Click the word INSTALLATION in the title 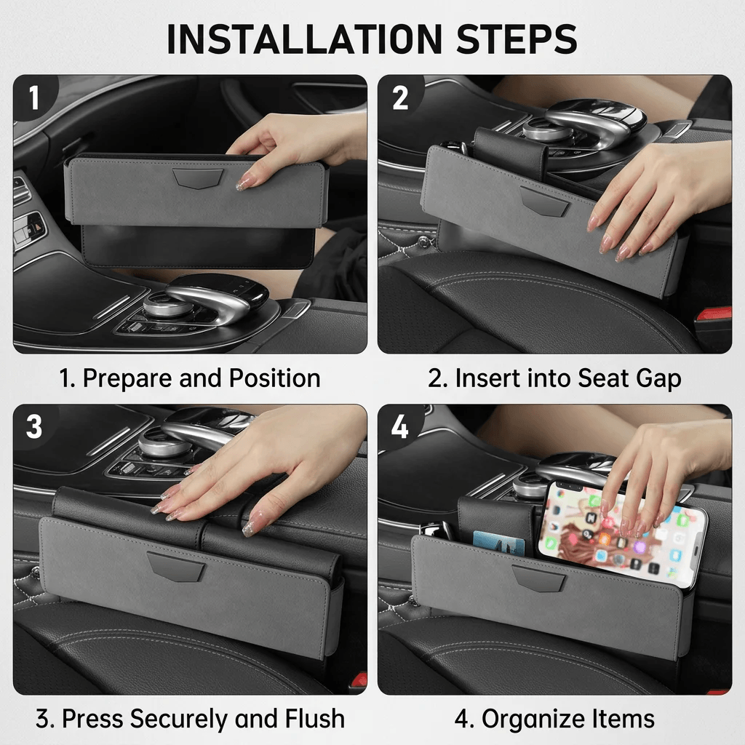tap(305, 39)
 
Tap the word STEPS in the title tap(517, 39)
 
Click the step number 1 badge tap(33, 97)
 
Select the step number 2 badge tap(400, 98)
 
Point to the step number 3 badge tap(34, 426)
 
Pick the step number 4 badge tap(399, 426)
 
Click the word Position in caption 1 tap(274, 378)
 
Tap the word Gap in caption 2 tap(658, 379)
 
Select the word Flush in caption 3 tap(314, 718)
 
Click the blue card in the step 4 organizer tap(499, 543)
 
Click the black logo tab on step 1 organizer tap(198, 178)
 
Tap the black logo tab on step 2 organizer tap(544, 202)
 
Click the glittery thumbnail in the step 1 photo tap(244, 183)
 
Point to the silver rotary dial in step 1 tap(167, 305)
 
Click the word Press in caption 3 tap(92, 718)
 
